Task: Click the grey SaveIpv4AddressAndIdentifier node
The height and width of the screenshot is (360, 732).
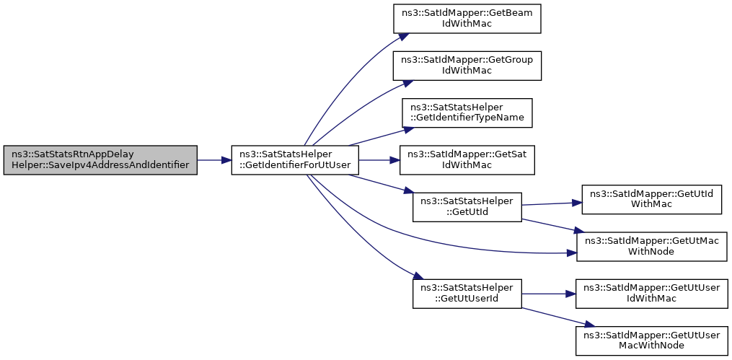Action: click(x=100, y=160)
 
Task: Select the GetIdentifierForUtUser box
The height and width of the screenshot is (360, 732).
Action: click(x=295, y=160)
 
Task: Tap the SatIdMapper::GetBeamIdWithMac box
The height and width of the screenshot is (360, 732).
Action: click(x=467, y=18)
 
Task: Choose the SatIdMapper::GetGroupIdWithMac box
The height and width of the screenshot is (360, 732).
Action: click(x=467, y=66)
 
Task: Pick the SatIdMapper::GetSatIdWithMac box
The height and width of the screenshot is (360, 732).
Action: click(x=467, y=160)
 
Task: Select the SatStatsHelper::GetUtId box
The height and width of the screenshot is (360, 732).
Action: click(x=467, y=207)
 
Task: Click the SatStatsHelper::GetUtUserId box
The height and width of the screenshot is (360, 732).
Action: click(x=467, y=293)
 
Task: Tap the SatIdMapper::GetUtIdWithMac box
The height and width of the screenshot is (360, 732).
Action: click(x=652, y=199)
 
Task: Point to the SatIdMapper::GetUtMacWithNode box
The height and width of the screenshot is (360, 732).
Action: click(x=652, y=246)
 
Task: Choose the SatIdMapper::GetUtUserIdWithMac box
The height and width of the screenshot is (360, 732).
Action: click(x=652, y=293)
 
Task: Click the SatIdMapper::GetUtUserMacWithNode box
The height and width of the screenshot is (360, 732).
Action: click(x=652, y=341)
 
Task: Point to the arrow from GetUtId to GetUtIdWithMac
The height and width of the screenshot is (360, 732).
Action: click(x=551, y=203)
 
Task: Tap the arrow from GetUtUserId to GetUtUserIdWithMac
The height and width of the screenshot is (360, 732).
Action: click(x=548, y=294)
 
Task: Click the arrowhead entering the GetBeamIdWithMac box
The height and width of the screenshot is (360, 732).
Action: click(x=405, y=36)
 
